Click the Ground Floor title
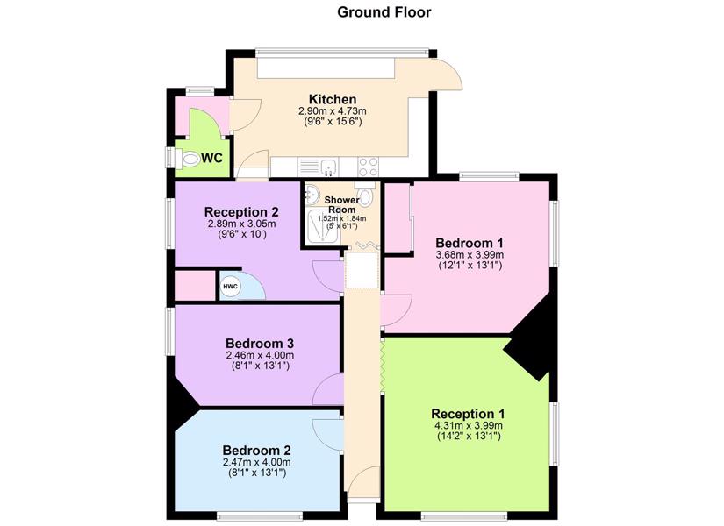click(384, 12)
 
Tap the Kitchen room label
click(333, 99)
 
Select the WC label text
click(212, 158)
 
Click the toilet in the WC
click(189, 160)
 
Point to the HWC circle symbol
click(231, 287)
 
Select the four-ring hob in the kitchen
click(368, 167)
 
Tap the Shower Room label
click(341, 204)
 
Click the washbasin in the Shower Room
click(312, 195)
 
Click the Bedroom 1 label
click(470, 243)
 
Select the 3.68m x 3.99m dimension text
click(470, 255)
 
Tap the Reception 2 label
click(241, 212)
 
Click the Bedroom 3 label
click(260, 344)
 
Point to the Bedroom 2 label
click(257, 450)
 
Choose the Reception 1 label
click(469, 414)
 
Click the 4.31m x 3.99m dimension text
click(469, 425)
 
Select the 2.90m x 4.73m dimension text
click(333, 111)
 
